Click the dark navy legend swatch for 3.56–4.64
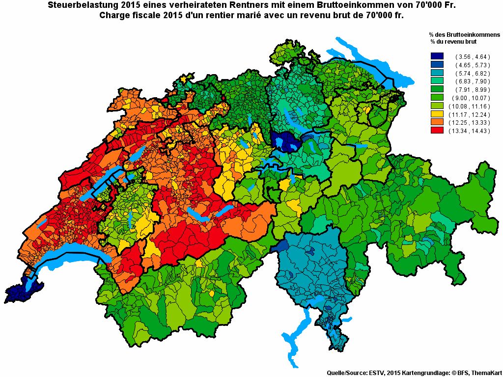pyautogui.click(x=437, y=56)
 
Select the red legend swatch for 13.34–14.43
pyautogui.click(x=437, y=131)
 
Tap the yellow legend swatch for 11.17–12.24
pyautogui.click(x=437, y=114)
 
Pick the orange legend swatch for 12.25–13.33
pyautogui.click(x=437, y=122)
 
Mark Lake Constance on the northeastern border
pyautogui.click(x=378, y=69)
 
